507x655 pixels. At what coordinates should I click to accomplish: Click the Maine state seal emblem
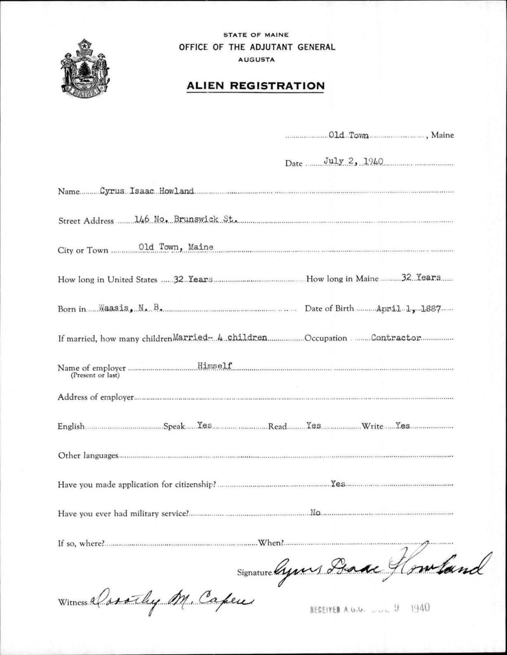coord(85,75)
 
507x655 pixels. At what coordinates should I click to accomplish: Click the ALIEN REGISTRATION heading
coord(255,86)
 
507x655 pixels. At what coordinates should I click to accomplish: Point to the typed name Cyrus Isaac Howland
coord(147,191)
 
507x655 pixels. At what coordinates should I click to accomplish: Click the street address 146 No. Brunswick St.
coord(179,220)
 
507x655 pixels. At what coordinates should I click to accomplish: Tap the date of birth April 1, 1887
coord(407,308)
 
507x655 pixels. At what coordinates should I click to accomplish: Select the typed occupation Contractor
coord(396,338)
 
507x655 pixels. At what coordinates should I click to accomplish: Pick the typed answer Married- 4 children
coord(220,338)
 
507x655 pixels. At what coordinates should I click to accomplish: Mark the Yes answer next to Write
coord(403,425)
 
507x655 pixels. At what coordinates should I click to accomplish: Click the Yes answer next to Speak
coord(204,425)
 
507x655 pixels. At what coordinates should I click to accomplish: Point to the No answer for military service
coord(315,513)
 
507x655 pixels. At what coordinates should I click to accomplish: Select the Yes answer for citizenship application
coord(338,484)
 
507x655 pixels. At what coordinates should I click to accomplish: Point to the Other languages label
coord(88,455)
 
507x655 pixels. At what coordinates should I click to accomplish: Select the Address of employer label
coord(96,397)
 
